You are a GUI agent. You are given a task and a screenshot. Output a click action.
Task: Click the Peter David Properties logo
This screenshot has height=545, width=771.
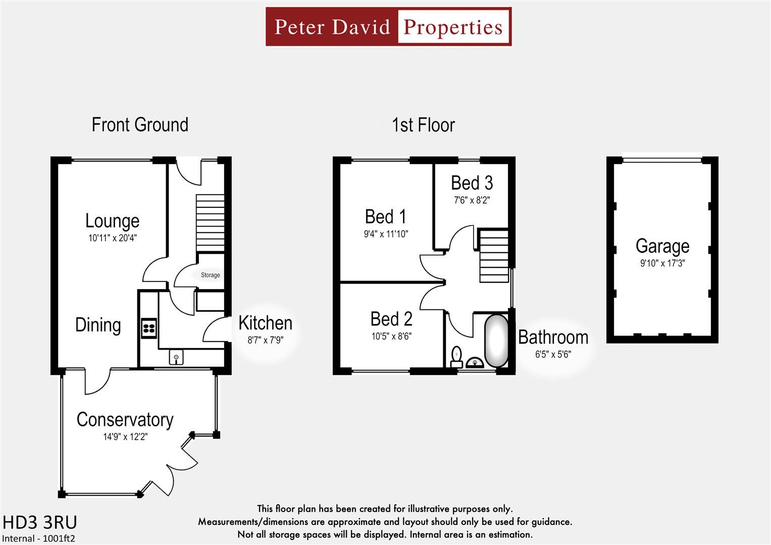(x=388, y=27)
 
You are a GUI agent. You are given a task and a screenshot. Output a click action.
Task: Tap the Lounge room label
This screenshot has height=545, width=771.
(x=112, y=221)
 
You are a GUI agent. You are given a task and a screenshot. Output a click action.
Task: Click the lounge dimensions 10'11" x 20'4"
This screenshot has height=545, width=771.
(x=113, y=238)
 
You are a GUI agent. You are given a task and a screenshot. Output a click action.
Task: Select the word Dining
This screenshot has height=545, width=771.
(x=98, y=325)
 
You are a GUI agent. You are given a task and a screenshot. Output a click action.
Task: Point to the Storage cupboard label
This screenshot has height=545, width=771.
(x=211, y=275)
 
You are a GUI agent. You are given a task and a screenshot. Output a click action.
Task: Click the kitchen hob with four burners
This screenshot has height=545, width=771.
(x=149, y=328)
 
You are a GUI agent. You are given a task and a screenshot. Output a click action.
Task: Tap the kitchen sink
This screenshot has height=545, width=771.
(x=176, y=358)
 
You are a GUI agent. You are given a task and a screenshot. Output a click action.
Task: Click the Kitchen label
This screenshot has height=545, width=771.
(x=265, y=323)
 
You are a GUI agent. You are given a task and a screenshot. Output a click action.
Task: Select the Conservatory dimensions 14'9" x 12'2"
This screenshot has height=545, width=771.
(x=125, y=437)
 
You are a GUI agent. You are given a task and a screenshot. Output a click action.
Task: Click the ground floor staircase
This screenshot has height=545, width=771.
(x=210, y=222)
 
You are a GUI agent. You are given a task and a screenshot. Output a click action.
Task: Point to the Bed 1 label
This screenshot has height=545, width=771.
(x=385, y=217)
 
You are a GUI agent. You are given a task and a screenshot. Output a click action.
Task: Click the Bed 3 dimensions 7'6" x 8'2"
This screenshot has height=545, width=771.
(x=472, y=200)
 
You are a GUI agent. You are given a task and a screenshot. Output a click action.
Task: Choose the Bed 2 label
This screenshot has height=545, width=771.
(x=391, y=319)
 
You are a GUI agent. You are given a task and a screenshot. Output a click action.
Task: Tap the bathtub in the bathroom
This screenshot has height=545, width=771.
(x=496, y=341)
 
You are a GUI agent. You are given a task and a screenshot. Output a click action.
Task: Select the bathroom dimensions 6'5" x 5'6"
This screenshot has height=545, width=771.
(x=553, y=354)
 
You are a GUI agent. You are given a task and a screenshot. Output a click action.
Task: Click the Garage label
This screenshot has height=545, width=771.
(x=662, y=246)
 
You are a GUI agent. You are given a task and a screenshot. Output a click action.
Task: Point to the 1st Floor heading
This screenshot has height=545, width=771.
(x=423, y=125)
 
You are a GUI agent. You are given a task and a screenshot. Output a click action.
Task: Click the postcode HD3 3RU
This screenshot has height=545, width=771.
(x=40, y=522)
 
